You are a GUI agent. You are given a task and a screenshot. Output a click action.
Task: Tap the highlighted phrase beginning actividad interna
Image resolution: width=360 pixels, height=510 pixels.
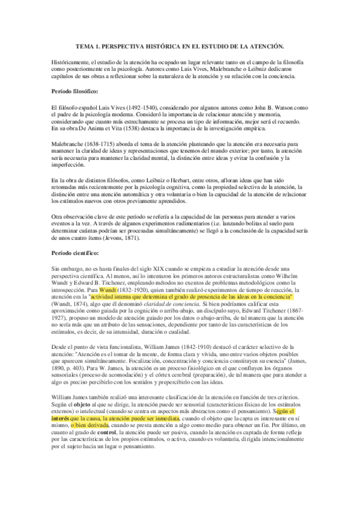pyautogui.click(x=192, y=296)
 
